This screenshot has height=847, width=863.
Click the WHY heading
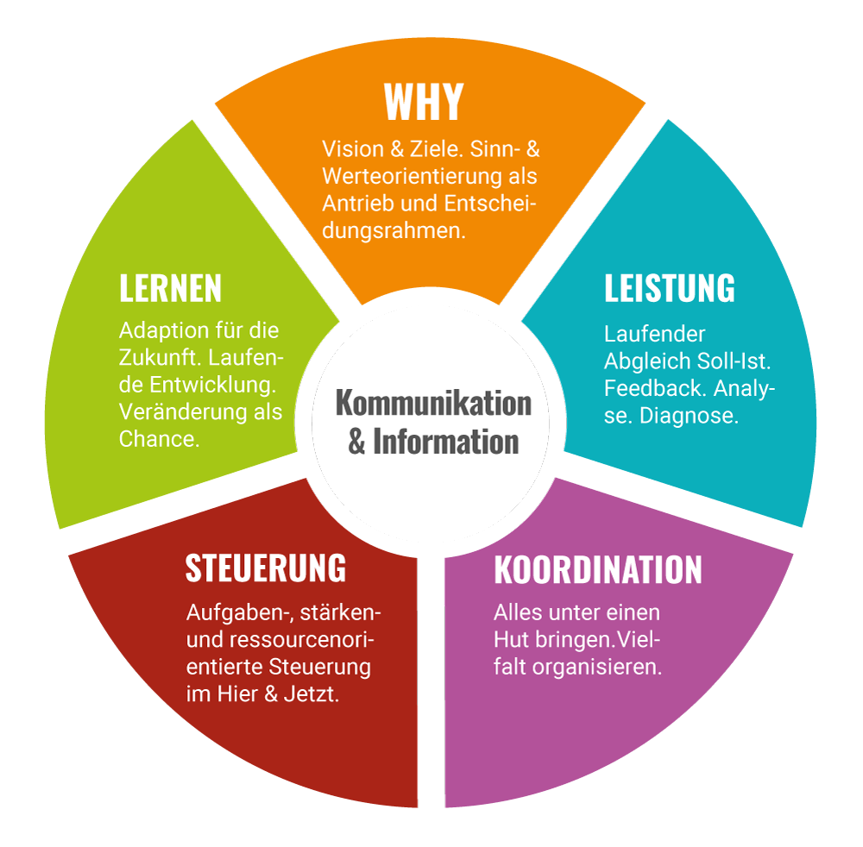pos(424,102)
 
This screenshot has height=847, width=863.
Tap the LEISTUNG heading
pos(669,288)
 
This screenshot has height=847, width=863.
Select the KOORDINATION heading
pos(597,570)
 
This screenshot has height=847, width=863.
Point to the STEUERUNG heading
pos(266,568)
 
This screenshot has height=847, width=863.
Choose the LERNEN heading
pos(170,289)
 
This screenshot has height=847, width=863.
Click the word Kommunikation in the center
pos(433,402)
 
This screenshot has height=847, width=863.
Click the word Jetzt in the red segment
pos(311,694)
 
